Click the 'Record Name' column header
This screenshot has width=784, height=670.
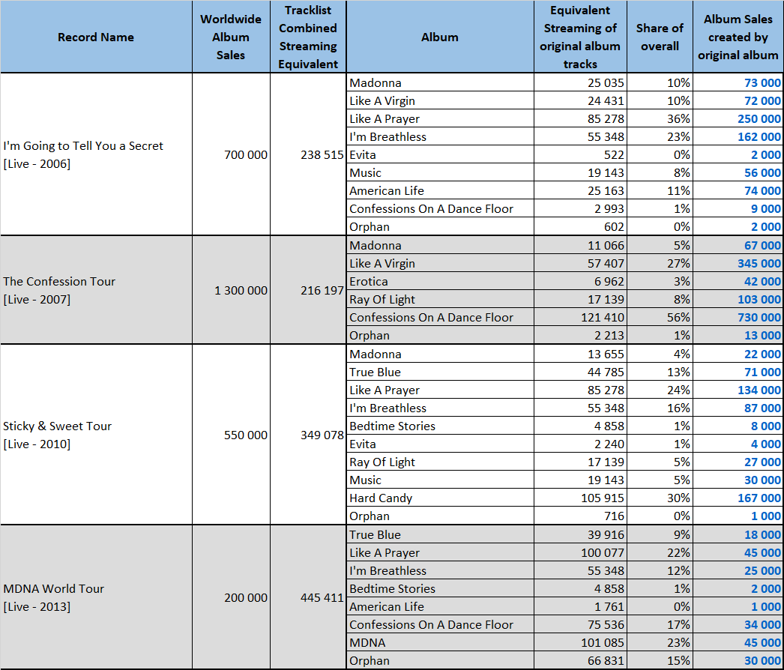point(95,37)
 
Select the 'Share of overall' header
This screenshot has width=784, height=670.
point(660,37)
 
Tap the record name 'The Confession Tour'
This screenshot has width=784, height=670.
point(59,282)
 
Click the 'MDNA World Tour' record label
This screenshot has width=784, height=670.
point(53,588)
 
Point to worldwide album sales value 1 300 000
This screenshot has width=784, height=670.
point(241,291)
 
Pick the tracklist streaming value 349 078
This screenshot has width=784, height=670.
point(322,435)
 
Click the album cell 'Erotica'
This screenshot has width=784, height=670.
point(369,282)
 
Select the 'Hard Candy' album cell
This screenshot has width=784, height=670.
point(381,498)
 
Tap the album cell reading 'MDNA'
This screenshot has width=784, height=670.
point(367,642)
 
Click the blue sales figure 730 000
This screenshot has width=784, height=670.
point(759,318)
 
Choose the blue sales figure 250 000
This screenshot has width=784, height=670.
point(759,119)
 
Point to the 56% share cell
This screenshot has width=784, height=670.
point(678,318)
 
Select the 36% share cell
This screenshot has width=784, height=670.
point(678,119)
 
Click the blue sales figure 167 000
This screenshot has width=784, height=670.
point(759,498)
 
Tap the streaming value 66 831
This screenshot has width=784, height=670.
point(606,660)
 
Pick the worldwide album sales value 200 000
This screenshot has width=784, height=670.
point(246,597)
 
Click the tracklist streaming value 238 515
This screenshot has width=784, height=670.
point(322,155)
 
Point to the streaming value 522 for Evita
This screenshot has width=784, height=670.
point(614,155)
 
